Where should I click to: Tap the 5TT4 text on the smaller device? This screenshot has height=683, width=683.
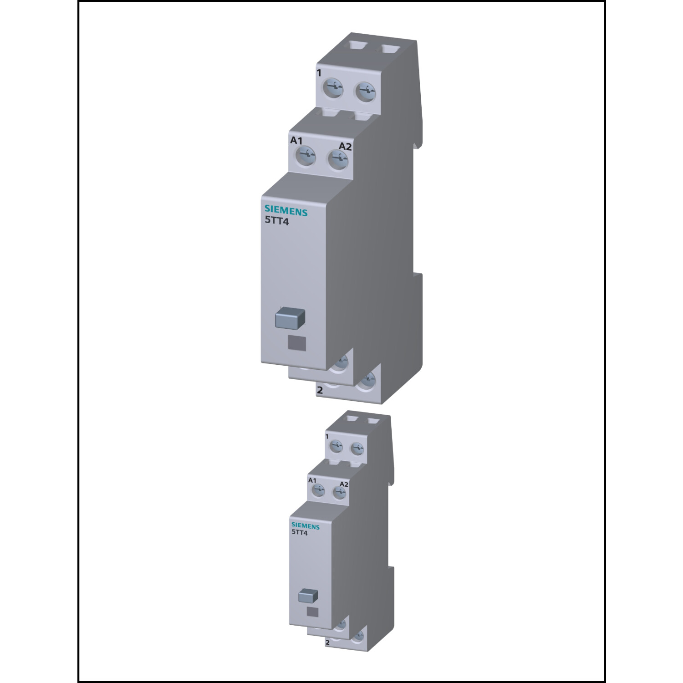coord(300,533)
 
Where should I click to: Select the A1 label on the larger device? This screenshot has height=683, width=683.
coord(296,141)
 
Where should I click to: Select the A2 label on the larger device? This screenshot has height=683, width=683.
coord(345,146)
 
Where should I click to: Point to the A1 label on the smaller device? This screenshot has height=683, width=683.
coord(312,480)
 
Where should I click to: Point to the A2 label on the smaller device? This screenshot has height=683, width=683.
coord(344,484)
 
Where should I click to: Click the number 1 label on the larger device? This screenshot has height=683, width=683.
coord(319,73)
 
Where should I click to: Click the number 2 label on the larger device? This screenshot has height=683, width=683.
coord(320,390)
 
